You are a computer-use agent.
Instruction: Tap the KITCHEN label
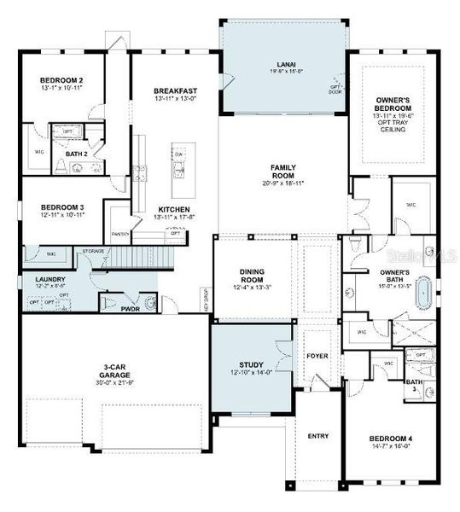pyautogui.click(x=174, y=209)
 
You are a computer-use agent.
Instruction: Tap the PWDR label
pyautogui.click(x=130, y=309)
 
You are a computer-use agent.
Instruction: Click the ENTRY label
pyautogui.click(x=317, y=436)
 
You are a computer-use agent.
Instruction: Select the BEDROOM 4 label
pyautogui.click(x=390, y=439)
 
